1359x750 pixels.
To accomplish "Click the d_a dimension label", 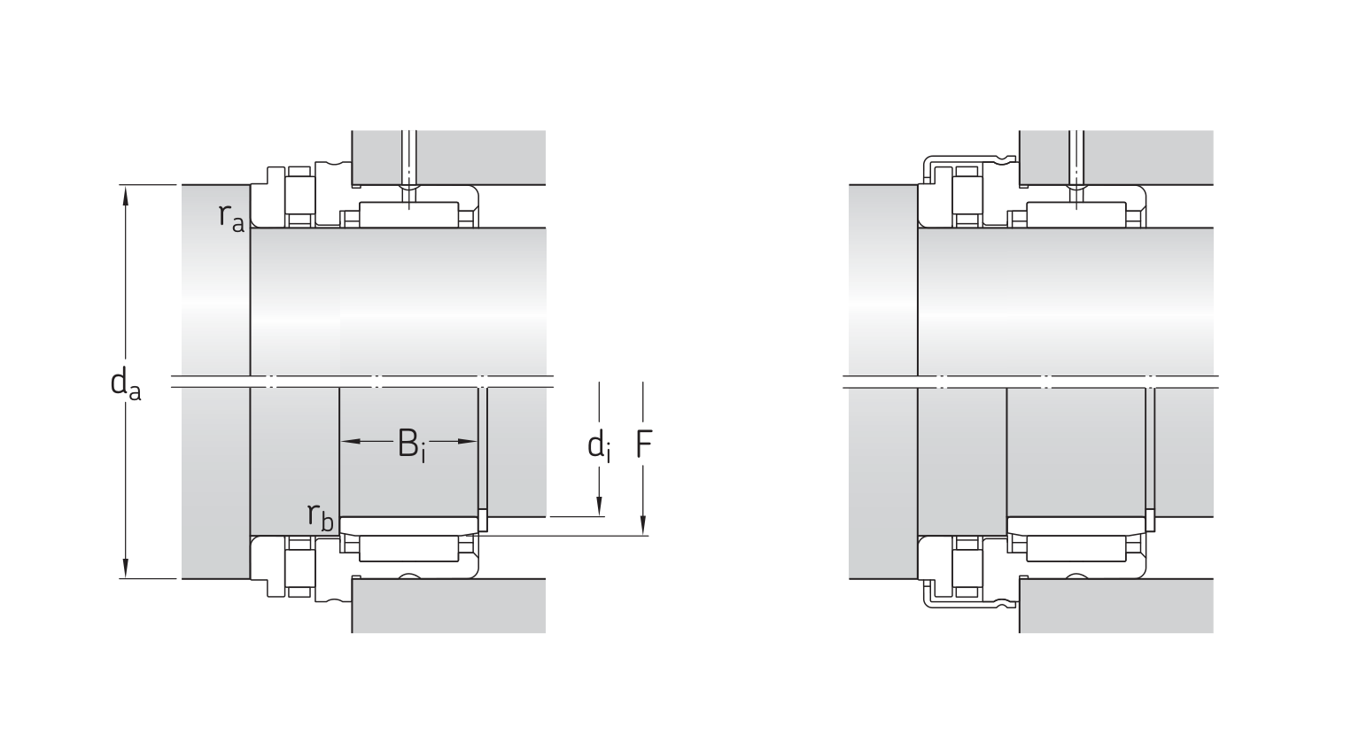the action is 126,383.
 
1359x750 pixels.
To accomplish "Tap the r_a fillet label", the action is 231,218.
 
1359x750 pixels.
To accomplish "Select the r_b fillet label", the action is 320,516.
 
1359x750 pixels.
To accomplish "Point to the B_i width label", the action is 411,445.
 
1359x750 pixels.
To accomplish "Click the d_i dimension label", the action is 599,446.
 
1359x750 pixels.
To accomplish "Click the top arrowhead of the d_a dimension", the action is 126,196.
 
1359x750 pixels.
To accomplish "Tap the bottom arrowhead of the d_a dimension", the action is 126,568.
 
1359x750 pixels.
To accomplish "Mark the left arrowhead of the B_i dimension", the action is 351,441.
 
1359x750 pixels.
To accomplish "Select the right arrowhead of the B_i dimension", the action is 467,441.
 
